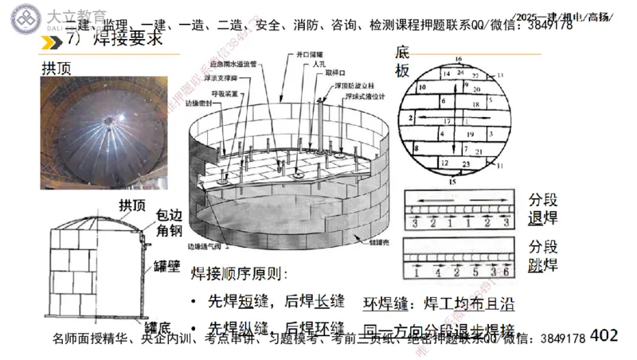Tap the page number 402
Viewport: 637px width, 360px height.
pos(604,336)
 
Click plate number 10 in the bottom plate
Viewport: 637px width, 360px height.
pos(422,86)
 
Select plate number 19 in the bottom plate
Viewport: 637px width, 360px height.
pos(470,134)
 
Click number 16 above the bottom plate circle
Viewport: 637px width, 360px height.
pos(458,58)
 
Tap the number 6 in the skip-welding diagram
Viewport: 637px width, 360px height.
pos(506,272)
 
